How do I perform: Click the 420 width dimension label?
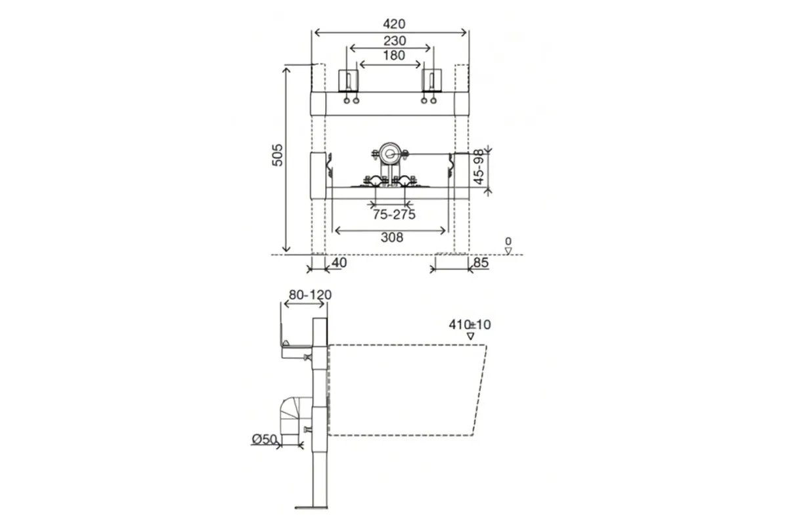coord(394,24)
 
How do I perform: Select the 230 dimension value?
coord(395,41)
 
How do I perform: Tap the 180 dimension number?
coord(394,55)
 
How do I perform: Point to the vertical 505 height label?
coord(277,155)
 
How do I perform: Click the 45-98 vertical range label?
coord(479,167)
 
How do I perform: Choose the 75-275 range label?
coord(394,214)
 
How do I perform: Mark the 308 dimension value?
coord(392,238)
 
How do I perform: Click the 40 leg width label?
coord(339,262)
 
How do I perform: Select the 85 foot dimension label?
coord(481,262)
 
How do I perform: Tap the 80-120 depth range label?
coord(310,295)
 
